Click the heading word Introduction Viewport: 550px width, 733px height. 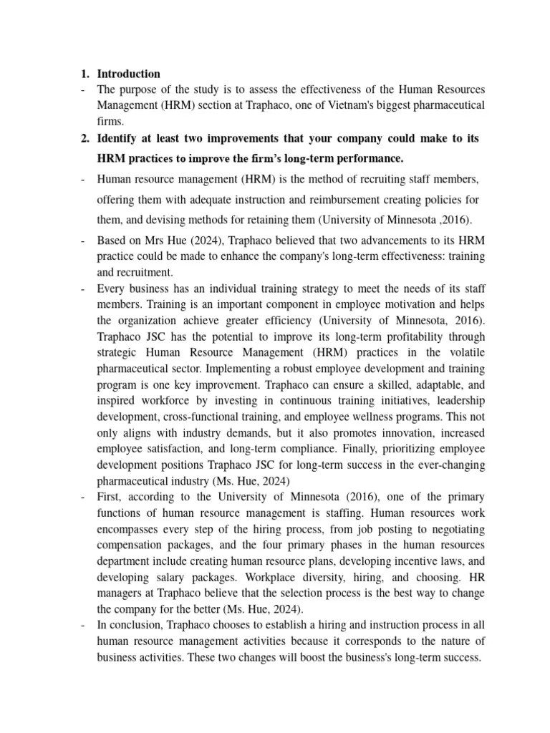tap(128, 74)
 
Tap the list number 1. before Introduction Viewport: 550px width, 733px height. tap(84, 74)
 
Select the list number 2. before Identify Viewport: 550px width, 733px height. tap(84, 137)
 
